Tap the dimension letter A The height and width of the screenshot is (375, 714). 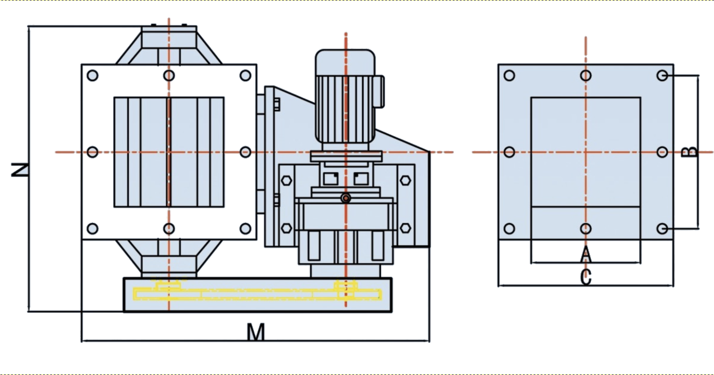click(x=586, y=254)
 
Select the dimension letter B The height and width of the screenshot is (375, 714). click(x=690, y=152)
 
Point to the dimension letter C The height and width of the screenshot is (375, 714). click(x=586, y=277)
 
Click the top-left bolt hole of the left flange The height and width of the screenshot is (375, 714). click(x=93, y=75)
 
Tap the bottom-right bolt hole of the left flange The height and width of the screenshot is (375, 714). click(x=245, y=229)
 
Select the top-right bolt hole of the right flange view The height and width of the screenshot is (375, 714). click(x=662, y=75)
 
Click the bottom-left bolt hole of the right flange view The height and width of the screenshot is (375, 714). click(x=509, y=229)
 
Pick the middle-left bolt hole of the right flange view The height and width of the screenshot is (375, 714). click(x=509, y=152)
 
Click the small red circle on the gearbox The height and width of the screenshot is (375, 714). click(x=346, y=198)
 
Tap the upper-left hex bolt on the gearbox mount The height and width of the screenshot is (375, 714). click(x=286, y=180)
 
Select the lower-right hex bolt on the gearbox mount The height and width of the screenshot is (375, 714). click(x=405, y=228)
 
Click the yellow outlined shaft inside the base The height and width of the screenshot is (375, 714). click(x=258, y=294)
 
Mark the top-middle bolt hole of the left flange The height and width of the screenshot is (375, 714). click(x=169, y=75)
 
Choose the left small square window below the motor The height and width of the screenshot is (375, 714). click(x=331, y=178)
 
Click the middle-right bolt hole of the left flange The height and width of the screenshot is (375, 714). click(x=245, y=152)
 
